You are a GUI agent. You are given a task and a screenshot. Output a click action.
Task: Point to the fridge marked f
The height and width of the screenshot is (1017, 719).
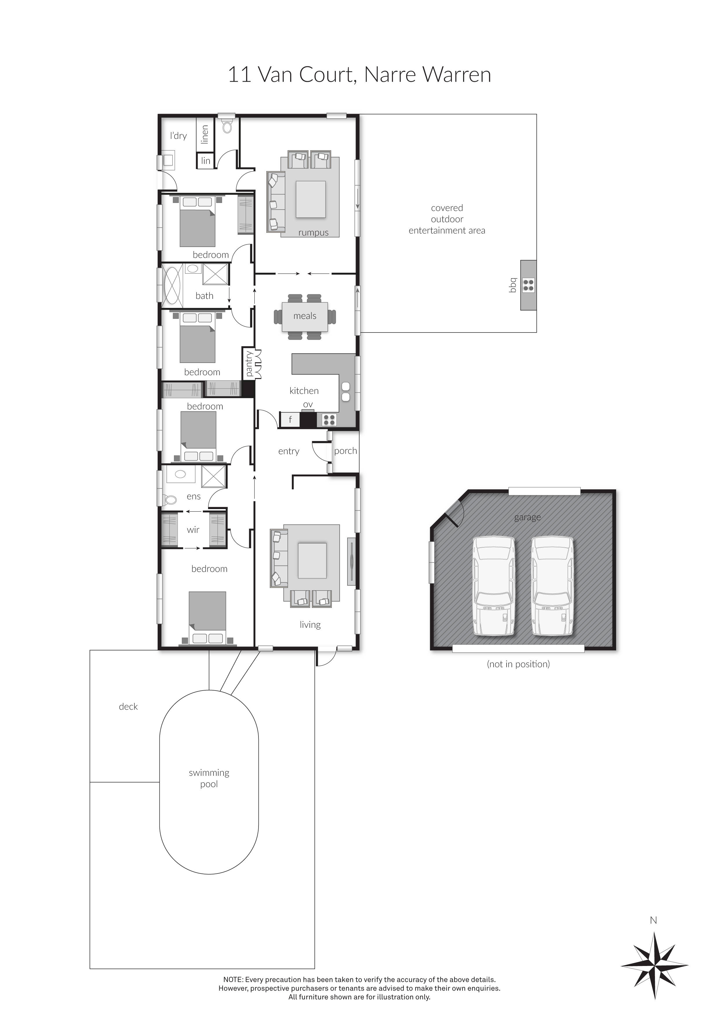(290, 419)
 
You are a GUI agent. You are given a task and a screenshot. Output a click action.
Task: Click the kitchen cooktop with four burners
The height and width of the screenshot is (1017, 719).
(329, 419)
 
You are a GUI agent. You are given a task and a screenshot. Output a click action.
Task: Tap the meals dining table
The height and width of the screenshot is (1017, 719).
(305, 316)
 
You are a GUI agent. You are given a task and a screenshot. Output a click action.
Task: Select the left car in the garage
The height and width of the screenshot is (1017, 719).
(494, 586)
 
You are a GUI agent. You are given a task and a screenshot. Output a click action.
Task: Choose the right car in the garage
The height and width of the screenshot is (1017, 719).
(552, 586)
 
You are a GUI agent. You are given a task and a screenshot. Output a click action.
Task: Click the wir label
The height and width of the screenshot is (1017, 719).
(193, 530)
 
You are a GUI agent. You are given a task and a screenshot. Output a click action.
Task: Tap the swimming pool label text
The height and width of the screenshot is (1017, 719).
(209, 778)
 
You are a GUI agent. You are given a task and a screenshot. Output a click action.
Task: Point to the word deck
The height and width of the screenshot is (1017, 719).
(128, 707)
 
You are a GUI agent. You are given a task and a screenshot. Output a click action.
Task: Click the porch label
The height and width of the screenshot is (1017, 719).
(345, 451)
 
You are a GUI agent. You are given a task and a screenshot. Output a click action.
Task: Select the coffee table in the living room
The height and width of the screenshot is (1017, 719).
(312, 560)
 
